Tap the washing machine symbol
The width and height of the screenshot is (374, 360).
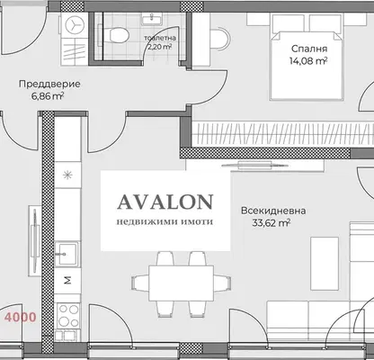[75, 24]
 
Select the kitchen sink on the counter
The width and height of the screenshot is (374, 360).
[67, 254]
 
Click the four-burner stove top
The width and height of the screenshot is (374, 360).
[69, 316]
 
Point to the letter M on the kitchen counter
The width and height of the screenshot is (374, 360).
[68, 280]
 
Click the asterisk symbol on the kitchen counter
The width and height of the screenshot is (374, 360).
[68, 175]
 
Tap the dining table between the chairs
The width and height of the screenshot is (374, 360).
[182, 283]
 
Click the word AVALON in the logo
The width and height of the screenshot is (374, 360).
[165, 202]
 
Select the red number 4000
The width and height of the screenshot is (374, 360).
[21, 317]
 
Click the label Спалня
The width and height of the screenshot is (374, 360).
[309, 49]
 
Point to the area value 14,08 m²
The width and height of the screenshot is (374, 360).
[308, 61]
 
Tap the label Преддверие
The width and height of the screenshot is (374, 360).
[49, 84]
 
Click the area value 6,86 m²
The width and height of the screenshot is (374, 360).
[48, 96]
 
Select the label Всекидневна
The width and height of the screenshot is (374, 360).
[273, 211]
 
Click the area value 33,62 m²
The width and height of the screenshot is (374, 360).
[271, 223]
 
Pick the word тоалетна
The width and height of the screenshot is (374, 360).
[160, 38]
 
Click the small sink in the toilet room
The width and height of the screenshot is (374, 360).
[152, 19]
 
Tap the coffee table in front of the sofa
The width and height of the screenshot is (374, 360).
[325, 264]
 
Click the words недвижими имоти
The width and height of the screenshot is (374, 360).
[165, 222]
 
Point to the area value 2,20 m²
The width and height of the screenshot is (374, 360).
[159, 47]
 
